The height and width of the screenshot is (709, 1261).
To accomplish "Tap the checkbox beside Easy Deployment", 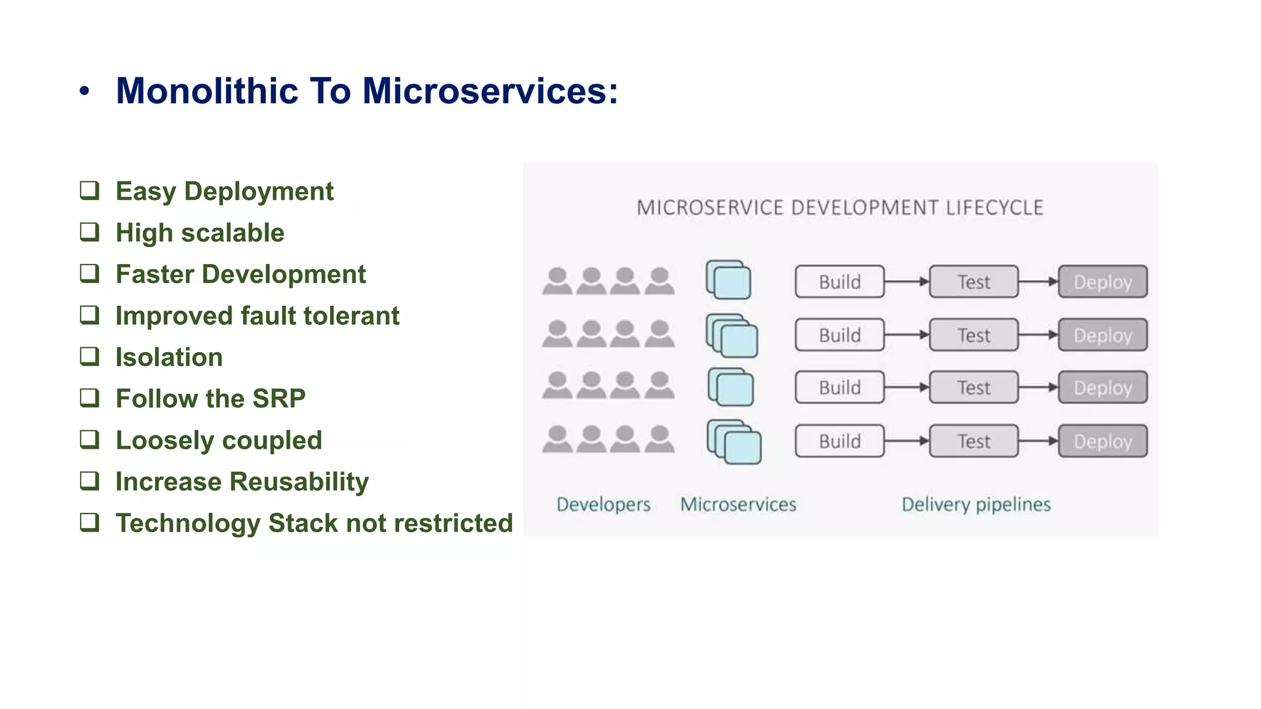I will click(90, 191).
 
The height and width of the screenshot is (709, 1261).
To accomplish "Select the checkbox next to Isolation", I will click(90, 356).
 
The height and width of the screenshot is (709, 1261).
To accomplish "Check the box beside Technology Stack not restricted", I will click(90, 523).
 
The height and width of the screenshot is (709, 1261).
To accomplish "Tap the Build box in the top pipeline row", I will click(839, 282).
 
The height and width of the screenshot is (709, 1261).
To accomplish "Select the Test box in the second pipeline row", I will click(973, 335).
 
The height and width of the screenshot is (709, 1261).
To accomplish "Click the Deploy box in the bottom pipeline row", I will click(1103, 441).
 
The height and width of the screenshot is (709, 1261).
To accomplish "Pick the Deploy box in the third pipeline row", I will click(1103, 388).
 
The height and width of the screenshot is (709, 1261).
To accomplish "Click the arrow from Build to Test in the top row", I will click(906, 282).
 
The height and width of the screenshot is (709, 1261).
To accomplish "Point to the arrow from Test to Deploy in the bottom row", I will click(1038, 441).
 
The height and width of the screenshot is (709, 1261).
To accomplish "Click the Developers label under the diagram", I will click(603, 505).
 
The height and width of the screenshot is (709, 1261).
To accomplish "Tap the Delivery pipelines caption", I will click(976, 505).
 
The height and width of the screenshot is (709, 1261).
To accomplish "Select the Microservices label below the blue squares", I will click(738, 505).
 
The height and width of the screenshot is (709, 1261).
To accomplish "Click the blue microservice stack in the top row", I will click(729, 281).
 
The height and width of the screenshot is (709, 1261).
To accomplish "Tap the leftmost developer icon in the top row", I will click(558, 281).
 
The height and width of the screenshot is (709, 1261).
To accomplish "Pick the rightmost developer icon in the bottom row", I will click(659, 439).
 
